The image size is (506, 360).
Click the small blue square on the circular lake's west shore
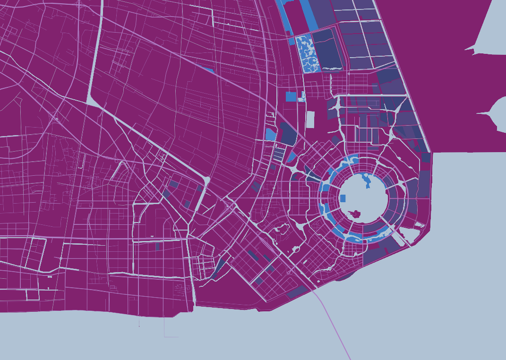pyautogui.click(x=343, y=198)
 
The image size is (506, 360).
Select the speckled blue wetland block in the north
pyautogui.click(x=307, y=53)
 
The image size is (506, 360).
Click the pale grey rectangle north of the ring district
pyautogui.click(x=310, y=120)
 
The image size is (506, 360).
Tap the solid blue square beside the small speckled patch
pyautogui.click(x=291, y=96)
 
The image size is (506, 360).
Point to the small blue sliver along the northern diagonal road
pyautogui.click(x=206, y=69)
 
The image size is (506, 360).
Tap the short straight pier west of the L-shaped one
pyautogui.click(x=139, y=321)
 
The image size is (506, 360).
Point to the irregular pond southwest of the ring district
pyautogui.click(x=283, y=229)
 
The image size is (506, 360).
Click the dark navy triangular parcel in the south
pyautogui.click(x=218, y=267)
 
